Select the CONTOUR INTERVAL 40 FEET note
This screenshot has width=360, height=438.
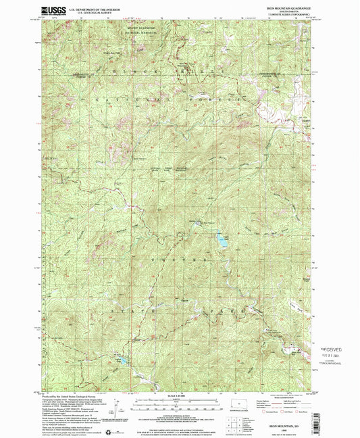(x=180, y=417)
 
